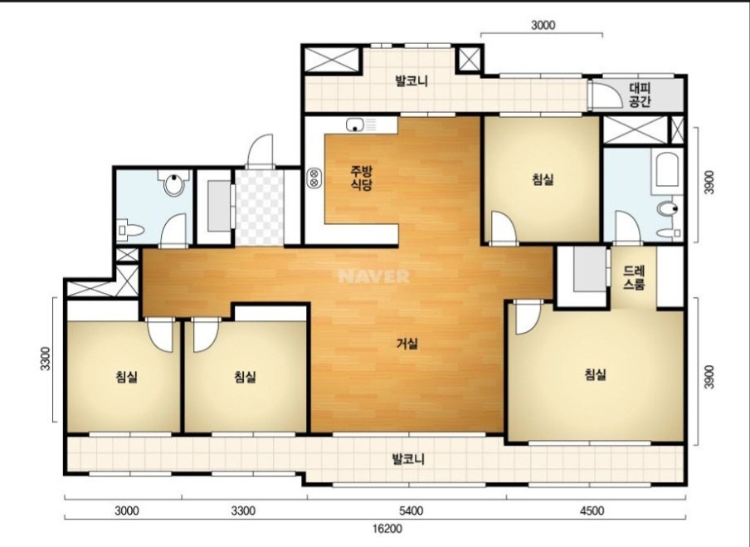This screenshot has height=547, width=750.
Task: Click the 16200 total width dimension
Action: tap(387, 529)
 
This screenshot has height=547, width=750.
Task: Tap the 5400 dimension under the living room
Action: tap(411, 510)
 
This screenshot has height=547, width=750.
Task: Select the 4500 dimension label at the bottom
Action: tap(592, 510)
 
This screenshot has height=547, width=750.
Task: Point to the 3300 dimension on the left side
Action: tap(46, 359)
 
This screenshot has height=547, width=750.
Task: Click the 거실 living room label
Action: tap(407, 343)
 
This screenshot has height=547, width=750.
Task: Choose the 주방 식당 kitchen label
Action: tap(362, 178)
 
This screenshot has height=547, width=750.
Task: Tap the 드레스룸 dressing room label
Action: tap(634, 277)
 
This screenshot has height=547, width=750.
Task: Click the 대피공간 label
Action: tap(640, 95)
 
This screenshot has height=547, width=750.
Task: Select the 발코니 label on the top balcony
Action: tap(412, 81)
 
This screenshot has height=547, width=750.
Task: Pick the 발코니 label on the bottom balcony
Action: tap(408, 459)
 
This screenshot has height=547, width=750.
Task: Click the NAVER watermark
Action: tap(373, 276)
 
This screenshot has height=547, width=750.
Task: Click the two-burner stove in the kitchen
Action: tap(314, 178)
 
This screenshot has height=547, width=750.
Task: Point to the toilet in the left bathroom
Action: tap(130, 230)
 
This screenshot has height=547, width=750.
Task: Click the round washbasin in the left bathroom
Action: tap(173, 184)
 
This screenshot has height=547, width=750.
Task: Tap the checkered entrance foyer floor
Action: tap(260, 207)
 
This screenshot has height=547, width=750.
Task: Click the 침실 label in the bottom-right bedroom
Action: tap(596, 374)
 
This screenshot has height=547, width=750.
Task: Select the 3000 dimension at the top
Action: tap(543, 25)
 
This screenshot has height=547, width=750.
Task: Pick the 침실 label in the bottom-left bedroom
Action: tap(126, 377)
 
